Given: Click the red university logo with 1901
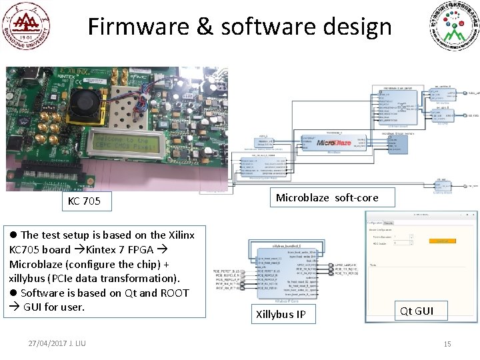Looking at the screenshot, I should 26,26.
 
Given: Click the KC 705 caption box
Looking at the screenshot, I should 84,201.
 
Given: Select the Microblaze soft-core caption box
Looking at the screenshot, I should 327,197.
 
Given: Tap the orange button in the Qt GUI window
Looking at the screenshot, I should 442,241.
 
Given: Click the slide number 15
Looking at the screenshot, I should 447,344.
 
